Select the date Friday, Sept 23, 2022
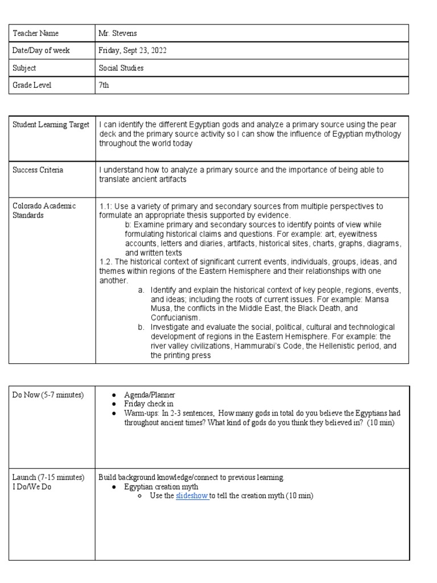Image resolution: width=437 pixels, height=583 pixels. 133,51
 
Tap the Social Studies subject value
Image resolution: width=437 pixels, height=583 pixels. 121,68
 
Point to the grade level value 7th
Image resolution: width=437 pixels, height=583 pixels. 105,85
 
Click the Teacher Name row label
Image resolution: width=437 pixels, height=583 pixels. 35,34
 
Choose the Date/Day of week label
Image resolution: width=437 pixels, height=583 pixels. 41,51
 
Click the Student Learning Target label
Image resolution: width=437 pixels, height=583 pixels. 51,125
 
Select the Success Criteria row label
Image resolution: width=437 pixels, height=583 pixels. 38,170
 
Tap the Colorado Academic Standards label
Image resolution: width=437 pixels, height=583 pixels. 44,210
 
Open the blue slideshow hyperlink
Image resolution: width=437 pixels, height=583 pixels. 192,496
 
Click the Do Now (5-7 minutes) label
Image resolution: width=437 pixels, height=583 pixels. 48,395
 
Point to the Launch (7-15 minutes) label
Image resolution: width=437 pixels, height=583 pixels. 48,477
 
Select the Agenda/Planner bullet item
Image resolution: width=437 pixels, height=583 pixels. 150,395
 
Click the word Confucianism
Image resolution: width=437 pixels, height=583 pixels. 175,317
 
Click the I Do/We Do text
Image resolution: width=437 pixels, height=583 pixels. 32,486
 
